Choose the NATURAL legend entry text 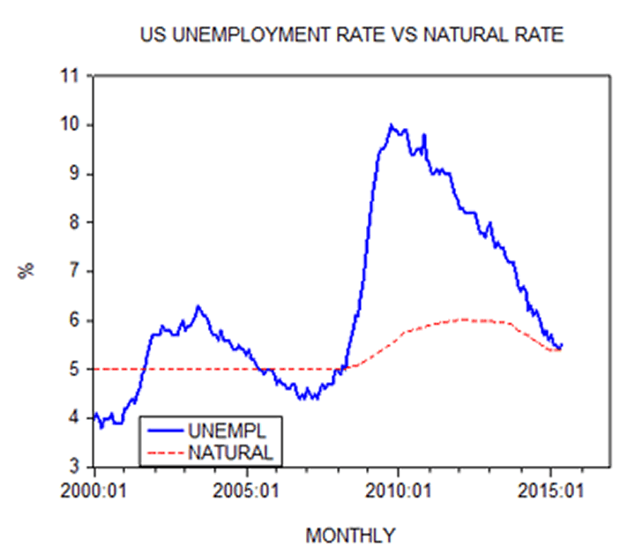coord(230,452)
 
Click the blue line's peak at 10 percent coord(392,125)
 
